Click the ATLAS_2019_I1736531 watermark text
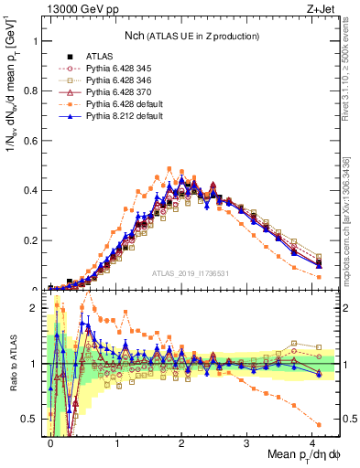pyautogui.click(x=191, y=273)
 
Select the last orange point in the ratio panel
pyautogui.click(x=318, y=424)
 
